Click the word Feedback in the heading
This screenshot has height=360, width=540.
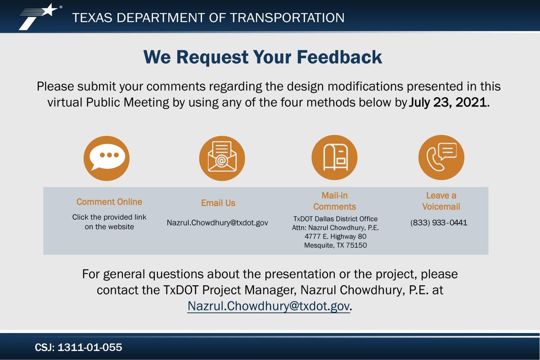[339, 57]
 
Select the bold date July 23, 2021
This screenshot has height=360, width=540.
[448, 102]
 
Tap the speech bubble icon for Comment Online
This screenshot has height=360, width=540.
[107, 158]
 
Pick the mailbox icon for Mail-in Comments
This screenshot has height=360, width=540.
[335, 157]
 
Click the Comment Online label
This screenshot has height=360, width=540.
[109, 202]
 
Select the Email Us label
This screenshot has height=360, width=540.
[218, 203]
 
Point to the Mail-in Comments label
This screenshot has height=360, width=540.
[335, 201]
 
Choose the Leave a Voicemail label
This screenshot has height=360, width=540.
[441, 201]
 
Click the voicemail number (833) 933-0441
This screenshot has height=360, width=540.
[439, 223]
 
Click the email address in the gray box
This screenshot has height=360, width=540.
[217, 223]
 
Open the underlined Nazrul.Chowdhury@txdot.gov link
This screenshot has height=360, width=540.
[269, 306]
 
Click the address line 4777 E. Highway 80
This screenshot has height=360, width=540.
[336, 236]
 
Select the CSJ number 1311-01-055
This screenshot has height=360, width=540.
[90, 347]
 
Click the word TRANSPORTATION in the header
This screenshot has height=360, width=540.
[287, 18]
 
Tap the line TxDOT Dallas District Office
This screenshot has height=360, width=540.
[335, 219]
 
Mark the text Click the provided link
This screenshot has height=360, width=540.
[109, 217]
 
